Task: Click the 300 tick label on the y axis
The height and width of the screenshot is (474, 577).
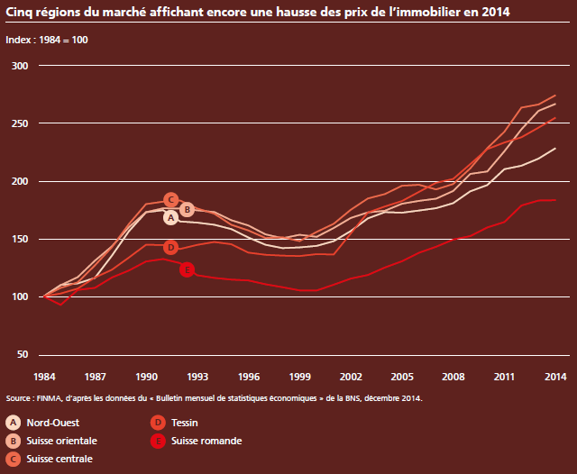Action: pyautogui.click(x=20, y=66)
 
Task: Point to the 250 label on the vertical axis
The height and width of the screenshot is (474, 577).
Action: pyautogui.click(x=20, y=123)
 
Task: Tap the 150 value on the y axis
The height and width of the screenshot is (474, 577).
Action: pyautogui.click(x=20, y=239)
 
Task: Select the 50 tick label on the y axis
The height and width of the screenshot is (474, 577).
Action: pyautogui.click(x=23, y=354)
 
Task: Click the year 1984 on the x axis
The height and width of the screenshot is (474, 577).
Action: pyautogui.click(x=44, y=375)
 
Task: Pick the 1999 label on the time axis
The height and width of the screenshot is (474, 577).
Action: pyautogui.click(x=299, y=375)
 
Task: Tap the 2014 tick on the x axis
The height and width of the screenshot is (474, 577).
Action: pyautogui.click(x=554, y=375)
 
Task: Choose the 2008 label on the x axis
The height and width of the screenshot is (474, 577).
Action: pyautogui.click(x=453, y=375)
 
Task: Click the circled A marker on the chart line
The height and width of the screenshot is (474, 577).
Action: pyautogui.click(x=170, y=217)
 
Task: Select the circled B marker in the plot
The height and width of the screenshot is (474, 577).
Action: pyautogui.click(x=187, y=210)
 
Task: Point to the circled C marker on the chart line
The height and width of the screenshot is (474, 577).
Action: pyautogui.click(x=170, y=199)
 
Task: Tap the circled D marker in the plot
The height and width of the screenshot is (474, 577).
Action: pyautogui.click(x=170, y=247)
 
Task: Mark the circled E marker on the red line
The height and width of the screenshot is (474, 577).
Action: pyautogui.click(x=187, y=269)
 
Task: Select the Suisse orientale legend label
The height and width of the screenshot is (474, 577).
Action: pyautogui.click(x=62, y=441)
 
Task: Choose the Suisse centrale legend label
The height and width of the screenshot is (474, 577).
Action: pyautogui.click(x=60, y=459)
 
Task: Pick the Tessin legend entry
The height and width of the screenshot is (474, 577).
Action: pyautogui.click(x=184, y=422)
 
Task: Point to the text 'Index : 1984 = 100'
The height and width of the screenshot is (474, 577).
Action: pyautogui.click(x=47, y=41)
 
